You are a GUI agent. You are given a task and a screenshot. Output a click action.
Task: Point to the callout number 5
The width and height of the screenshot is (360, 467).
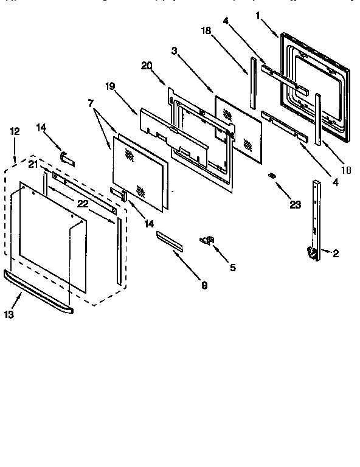[232, 266]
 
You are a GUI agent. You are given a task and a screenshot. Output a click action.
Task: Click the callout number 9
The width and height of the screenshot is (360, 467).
[204, 284]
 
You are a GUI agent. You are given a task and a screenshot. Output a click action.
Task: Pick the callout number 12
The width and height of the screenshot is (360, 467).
[15, 131]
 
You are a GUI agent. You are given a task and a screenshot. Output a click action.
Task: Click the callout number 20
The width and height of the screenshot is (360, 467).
[147, 65]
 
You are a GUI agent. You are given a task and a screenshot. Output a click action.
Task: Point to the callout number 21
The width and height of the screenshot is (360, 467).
[33, 165]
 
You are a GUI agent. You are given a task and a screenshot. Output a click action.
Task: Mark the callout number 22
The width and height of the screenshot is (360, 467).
[83, 204]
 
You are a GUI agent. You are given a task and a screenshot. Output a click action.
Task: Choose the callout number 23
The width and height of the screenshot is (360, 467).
[295, 205]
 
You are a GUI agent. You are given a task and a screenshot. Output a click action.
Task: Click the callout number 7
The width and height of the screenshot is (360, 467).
[92, 104]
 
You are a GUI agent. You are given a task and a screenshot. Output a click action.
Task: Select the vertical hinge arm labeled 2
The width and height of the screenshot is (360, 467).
[316, 219]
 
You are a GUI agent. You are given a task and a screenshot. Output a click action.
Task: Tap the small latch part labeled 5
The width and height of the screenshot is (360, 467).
[207, 241]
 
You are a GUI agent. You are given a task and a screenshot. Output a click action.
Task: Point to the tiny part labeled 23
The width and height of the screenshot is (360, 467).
[272, 176]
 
